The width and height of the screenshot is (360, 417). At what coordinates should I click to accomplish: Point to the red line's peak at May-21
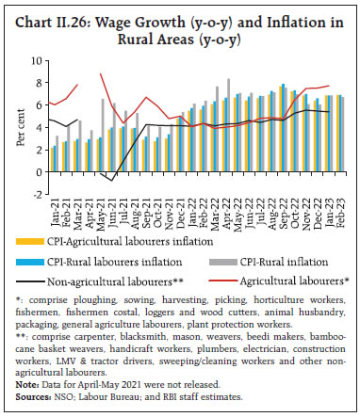[101, 73]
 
